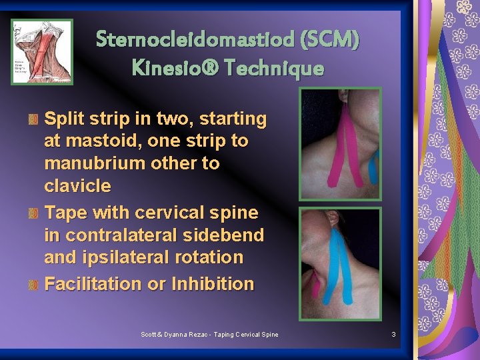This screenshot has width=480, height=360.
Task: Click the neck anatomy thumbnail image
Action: [x=42, y=52]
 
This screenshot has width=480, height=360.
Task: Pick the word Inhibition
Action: [x=213, y=283]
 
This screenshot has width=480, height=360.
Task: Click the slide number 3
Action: [x=393, y=333]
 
